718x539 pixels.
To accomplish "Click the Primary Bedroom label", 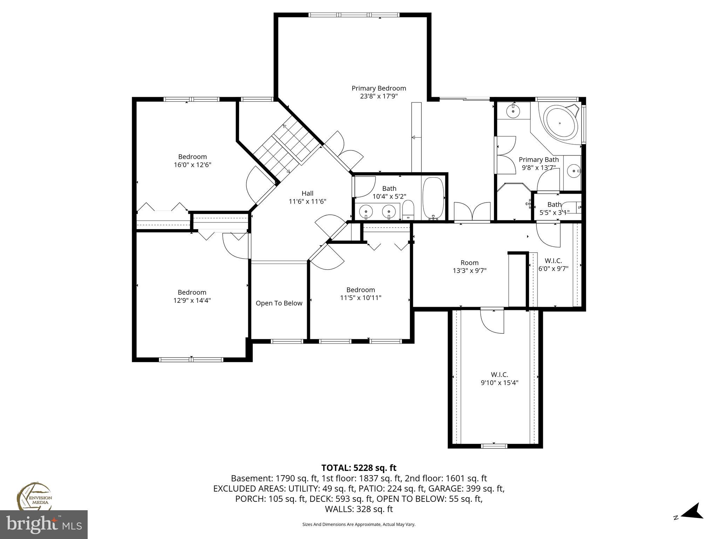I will pos(379,88).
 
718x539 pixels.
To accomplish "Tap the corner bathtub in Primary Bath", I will pos(560,124).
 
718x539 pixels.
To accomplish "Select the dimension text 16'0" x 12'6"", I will pos(192,165).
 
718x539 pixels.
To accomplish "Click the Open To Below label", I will pos(279,303).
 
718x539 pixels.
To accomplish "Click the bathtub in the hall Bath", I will pos(433,198).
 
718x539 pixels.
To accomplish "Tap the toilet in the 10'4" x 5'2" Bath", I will pos(408,211).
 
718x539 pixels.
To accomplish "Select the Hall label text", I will pos(307,193).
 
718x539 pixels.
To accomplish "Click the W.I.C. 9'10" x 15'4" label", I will pos(499,378).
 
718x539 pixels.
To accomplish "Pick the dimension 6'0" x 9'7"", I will pos(553,269).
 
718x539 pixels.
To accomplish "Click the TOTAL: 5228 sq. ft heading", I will pos(359,468).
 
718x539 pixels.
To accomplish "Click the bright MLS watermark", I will pos(44,525).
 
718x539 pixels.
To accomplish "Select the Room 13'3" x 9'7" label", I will pos(469,267).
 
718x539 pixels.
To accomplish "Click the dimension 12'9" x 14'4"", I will pos(192,300).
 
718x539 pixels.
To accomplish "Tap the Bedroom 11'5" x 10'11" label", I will pos(360,294).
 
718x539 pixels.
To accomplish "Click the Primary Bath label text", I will pos(538,160).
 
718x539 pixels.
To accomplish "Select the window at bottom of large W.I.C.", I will pos(494,446).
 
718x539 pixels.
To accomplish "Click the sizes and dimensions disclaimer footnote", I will pos(359,524).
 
